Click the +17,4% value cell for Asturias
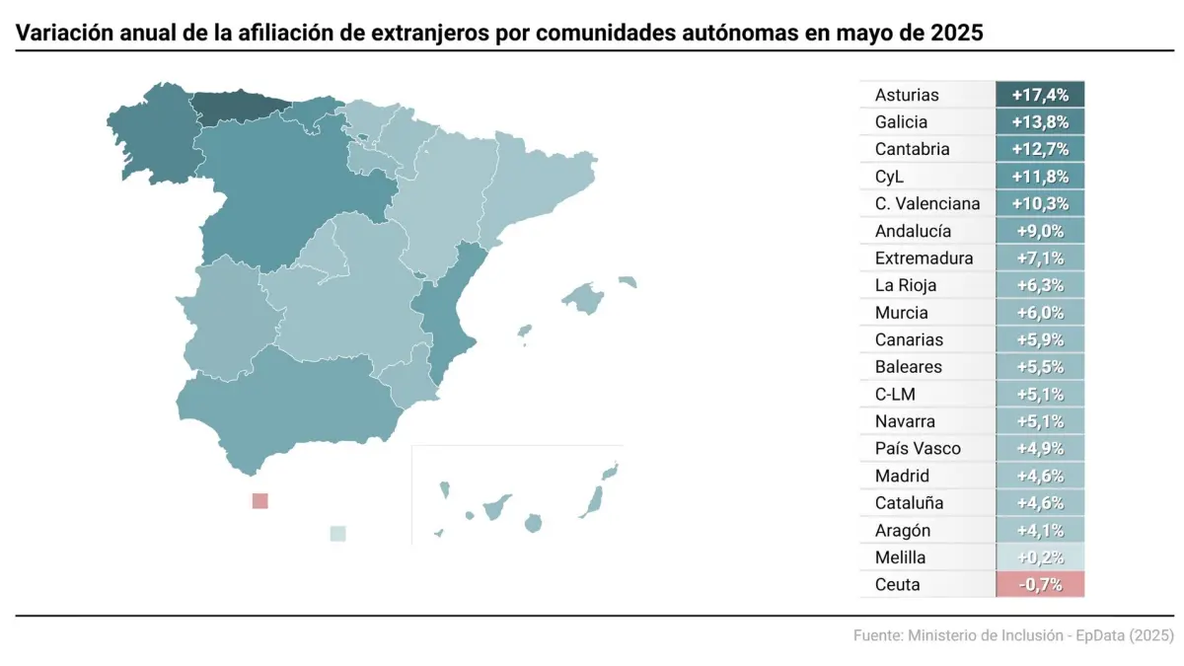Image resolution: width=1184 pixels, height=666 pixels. [1040, 95]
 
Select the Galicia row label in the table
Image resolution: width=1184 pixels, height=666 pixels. [901, 122]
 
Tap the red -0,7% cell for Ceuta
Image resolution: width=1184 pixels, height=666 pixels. [1040, 584]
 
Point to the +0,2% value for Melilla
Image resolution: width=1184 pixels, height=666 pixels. [1040, 557]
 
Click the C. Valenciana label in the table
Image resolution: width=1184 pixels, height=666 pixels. [927, 204]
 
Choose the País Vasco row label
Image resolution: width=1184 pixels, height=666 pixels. [918, 449]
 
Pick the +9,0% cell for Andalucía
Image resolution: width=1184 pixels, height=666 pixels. [1040, 231]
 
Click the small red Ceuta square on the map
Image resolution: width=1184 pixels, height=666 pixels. [259, 500]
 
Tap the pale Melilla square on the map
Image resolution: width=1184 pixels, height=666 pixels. [337, 534]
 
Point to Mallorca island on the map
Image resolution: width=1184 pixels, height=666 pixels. [584, 297]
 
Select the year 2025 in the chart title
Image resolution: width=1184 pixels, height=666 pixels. [956, 33]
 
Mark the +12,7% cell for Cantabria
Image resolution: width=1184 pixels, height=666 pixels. [1040, 150]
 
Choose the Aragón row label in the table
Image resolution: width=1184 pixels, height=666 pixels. [902, 530]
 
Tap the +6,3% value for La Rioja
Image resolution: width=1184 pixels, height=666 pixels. [1040, 285]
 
